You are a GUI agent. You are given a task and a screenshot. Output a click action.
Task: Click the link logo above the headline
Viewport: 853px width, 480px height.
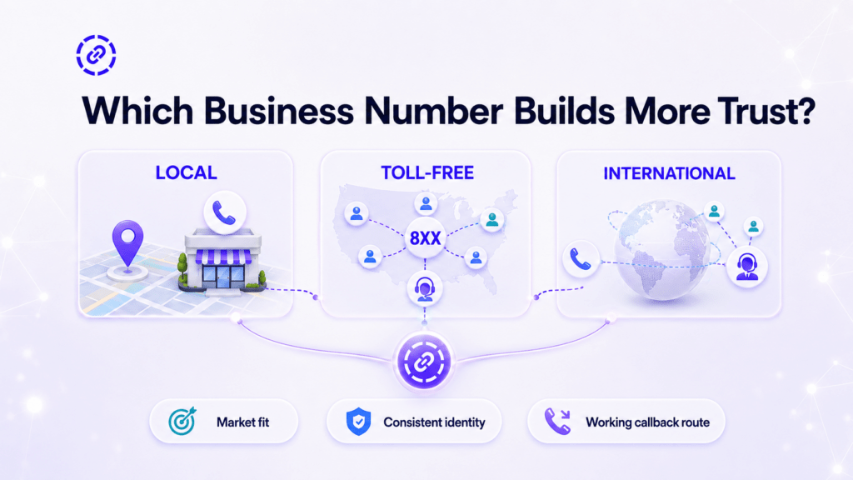96,55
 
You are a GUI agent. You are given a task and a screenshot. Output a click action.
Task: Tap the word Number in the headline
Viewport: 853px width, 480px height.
433,111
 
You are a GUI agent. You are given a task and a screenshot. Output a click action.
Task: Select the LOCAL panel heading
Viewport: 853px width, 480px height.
186,172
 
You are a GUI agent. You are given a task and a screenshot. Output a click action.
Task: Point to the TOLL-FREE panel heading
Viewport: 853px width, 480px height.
427,172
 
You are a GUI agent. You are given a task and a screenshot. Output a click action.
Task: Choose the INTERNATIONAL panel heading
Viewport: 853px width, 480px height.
669,173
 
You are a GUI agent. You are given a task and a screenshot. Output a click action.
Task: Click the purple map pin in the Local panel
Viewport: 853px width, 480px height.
127,242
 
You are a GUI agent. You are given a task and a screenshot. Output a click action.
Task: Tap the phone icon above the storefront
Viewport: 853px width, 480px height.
225,212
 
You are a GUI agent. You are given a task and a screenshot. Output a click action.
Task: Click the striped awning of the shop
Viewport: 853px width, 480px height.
223,257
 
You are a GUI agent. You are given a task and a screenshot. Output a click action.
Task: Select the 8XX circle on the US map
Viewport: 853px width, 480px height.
425,237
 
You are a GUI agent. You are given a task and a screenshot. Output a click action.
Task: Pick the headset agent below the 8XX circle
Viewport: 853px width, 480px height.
424,288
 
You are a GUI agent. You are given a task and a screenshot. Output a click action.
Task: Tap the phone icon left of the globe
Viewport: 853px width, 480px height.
581,258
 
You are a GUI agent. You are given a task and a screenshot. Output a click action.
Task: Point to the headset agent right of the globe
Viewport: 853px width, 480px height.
747,267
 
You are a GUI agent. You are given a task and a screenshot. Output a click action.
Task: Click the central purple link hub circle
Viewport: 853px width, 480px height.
424,362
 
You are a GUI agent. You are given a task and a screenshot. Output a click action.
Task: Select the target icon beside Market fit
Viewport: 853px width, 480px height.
182,421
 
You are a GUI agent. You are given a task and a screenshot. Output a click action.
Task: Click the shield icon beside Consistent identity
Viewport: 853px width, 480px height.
358,421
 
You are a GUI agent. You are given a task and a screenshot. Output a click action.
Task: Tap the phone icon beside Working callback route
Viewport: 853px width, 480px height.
557,421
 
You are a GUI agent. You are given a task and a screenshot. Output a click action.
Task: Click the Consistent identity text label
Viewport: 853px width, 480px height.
434,422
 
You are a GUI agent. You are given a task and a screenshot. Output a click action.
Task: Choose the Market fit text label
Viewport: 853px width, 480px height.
242,422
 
